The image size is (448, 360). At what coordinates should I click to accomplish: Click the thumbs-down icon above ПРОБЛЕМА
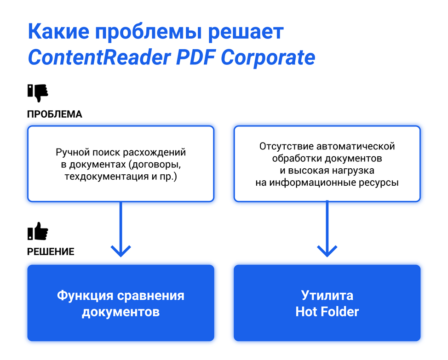(x=38, y=92)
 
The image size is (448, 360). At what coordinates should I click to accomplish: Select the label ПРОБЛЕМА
(x=54, y=114)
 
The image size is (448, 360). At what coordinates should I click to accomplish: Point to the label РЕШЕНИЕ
(x=51, y=251)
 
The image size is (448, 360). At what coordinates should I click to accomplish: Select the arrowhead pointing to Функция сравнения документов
(x=121, y=251)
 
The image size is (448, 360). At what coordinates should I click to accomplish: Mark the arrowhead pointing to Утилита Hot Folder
(x=327, y=251)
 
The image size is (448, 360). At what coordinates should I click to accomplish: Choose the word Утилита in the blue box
(x=327, y=295)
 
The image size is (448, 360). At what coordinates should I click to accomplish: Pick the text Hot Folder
(x=327, y=312)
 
